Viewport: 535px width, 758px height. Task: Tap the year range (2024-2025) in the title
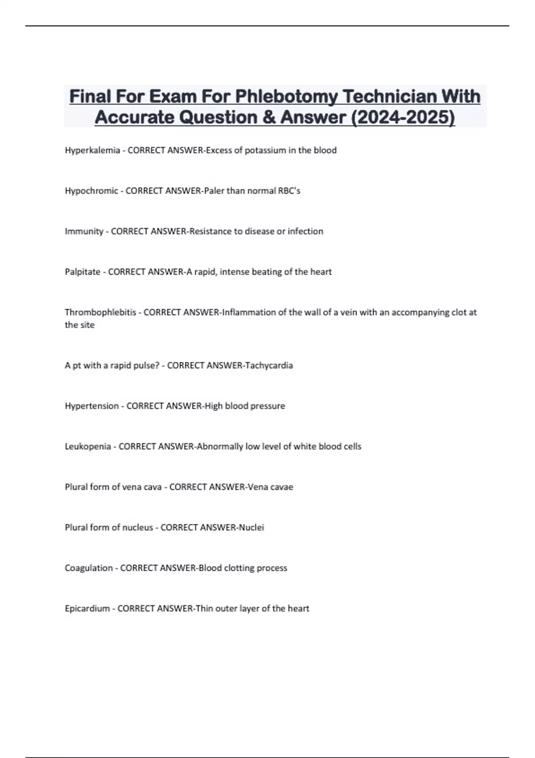tap(403, 117)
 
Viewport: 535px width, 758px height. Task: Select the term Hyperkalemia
tap(92, 150)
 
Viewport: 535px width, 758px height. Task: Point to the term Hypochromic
tap(91, 191)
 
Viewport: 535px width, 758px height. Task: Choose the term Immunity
tap(84, 231)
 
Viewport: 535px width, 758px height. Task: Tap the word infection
tap(305, 231)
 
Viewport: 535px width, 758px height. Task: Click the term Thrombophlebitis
tap(100, 313)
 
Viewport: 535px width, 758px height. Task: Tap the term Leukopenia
tap(88, 447)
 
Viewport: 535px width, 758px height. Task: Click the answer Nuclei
tap(251, 527)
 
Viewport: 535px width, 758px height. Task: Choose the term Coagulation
tap(89, 568)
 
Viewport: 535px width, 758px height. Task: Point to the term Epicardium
tap(87, 609)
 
